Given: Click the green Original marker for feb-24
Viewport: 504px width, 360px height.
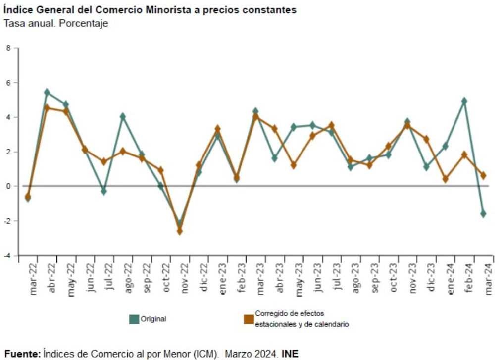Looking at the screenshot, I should (x=464, y=101).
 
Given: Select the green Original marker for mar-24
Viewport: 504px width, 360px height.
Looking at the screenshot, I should (x=483, y=214).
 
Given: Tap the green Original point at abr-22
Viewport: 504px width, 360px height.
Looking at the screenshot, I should (x=47, y=92).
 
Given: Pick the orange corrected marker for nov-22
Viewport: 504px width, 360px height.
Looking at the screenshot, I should (x=180, y=231).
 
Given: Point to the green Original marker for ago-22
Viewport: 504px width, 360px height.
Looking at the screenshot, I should (x=123, y=117).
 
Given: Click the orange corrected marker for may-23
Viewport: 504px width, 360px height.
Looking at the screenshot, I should (x=293, y=165).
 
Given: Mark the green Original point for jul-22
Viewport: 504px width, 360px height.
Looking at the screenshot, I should (x=104, y=191).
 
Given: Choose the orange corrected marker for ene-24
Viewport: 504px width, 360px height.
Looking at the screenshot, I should (x=445, y=179).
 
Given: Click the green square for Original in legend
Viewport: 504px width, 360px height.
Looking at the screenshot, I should (x=134, y=319).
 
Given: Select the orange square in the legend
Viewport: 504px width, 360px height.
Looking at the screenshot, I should (x=249, y=319).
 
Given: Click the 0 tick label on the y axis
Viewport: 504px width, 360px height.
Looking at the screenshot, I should (x=8, y=186).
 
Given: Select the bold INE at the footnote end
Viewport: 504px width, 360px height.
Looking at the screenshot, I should (x=291, y=354).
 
